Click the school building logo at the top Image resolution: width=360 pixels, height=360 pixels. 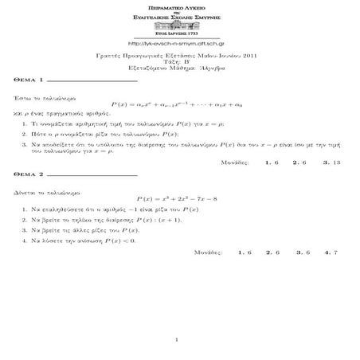(x=179, y=26)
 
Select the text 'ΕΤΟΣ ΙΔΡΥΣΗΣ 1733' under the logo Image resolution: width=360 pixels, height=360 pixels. (x=179, y=36)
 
